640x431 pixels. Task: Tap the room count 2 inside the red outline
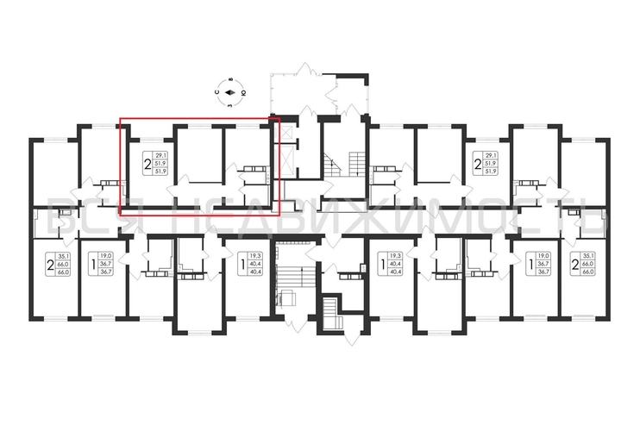click(x=147, y=163)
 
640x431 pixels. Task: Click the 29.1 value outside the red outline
click(x=491, y=155)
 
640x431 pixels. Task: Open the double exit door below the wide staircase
click(x=293, y=327)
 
